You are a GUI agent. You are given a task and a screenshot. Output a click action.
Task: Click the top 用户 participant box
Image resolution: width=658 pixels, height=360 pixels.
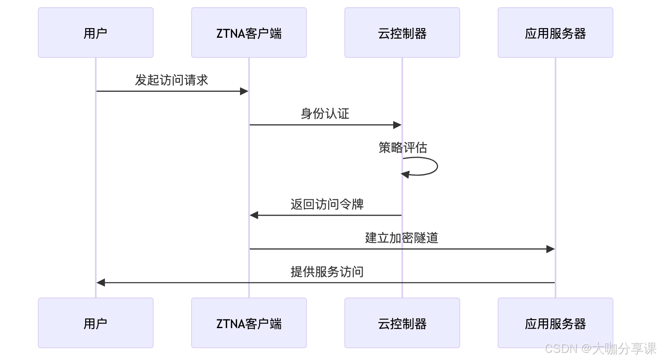point(96,32)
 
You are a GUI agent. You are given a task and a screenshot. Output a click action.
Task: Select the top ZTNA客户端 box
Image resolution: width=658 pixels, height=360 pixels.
point(249,32)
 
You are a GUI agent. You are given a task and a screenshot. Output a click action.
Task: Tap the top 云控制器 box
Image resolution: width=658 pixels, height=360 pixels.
point(402,32)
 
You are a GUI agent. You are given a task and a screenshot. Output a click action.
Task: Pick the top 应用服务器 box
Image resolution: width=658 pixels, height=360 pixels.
point(555,32)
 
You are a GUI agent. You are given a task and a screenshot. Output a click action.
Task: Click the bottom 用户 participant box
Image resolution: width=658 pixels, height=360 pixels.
point(96,323)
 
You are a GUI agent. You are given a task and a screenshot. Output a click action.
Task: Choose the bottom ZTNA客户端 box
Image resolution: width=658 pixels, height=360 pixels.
point(249,323)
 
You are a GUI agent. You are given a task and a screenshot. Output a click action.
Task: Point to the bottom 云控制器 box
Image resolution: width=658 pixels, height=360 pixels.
point(402,323)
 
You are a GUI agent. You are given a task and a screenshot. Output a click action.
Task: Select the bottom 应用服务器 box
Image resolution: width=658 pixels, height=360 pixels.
point(555,323)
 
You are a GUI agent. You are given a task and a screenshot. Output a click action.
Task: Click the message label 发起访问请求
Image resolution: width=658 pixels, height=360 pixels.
point(172,80)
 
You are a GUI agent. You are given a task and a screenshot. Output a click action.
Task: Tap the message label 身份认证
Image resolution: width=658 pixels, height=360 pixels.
point(325,114)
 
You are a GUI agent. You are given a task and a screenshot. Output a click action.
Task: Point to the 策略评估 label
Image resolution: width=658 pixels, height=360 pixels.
point(402,148)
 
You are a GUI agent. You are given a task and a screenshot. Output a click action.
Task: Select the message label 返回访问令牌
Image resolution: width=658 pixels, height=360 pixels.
point(327,204)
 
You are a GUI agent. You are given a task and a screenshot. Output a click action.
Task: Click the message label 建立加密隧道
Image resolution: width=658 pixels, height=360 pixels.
point(402,238)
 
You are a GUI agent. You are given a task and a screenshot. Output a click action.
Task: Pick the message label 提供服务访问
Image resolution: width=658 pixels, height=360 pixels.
point(327,272)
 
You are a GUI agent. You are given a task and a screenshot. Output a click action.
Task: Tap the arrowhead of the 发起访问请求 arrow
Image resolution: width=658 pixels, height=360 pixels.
point(244,91)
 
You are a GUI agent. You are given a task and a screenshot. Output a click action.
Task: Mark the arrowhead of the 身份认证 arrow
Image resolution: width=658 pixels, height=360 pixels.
point(397,125)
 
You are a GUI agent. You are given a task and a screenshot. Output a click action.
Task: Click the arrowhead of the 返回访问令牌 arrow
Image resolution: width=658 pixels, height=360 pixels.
point(254,215)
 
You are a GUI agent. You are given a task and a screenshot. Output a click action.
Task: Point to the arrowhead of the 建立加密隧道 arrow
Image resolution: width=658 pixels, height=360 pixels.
point(551,249)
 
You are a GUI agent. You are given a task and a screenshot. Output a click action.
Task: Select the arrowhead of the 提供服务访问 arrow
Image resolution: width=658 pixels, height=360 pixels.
point(101,283)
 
